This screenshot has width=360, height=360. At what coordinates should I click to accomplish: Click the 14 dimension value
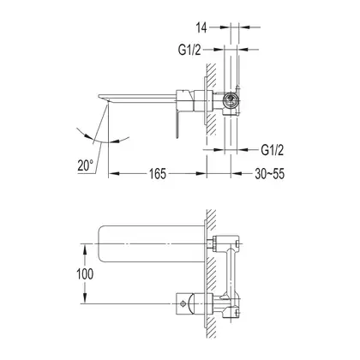tap(201, 27)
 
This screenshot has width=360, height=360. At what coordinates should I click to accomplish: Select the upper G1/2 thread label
tap(189, 50)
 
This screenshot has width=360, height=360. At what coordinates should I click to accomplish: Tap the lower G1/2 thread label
tap(273, 150)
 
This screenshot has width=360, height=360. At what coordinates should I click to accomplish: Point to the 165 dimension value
tap(158, 173)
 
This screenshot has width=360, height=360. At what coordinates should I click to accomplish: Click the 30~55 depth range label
tap(270, 173)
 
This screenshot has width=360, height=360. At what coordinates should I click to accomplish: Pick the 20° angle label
tap(85, 165)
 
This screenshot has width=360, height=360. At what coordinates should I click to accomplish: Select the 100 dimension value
tap(85, 274)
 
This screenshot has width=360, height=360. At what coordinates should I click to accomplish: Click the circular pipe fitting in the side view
tap(230, 100)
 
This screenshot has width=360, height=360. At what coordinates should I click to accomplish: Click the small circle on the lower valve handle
tap(183, 303)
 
